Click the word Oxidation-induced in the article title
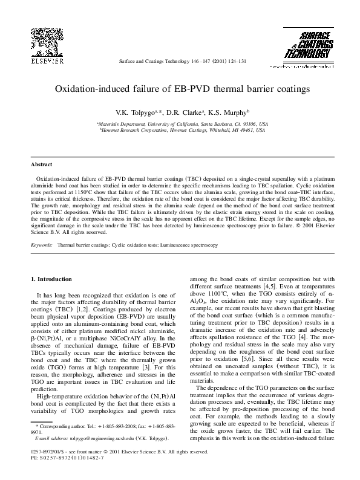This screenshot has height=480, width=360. pyautogui.click(x=91, y=88)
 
